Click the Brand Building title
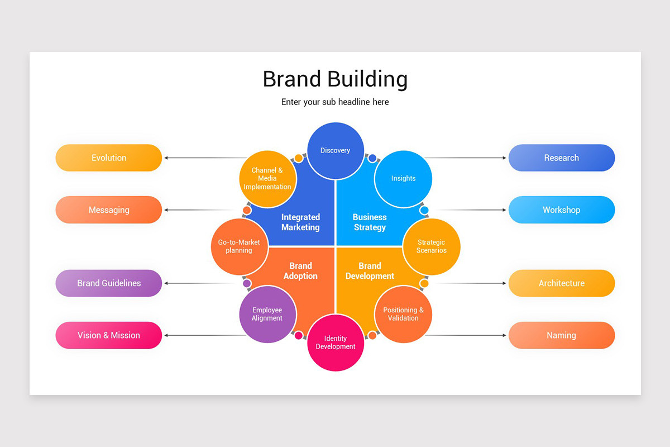click(335, 79)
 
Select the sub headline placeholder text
click(335, 102)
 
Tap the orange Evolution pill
click(109, 158)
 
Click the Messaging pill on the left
click(109, 210)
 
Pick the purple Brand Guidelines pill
click(109, 283)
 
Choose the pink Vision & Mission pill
click(109, 335)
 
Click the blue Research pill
click(561, 158)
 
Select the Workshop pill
click(561, 210)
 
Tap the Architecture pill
click(561, 283)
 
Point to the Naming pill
click(561, 335)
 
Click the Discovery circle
click(336, 150)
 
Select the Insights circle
click(403, 179)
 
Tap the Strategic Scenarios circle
click(432, 246)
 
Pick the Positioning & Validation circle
click(403, 314)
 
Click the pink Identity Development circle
click(336, 343)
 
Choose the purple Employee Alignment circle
click(267, 314)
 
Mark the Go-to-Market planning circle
click(239, 246)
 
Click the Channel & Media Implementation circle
click(267, 179)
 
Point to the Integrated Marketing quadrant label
click(300, 222)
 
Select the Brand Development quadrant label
click(370, 271)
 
